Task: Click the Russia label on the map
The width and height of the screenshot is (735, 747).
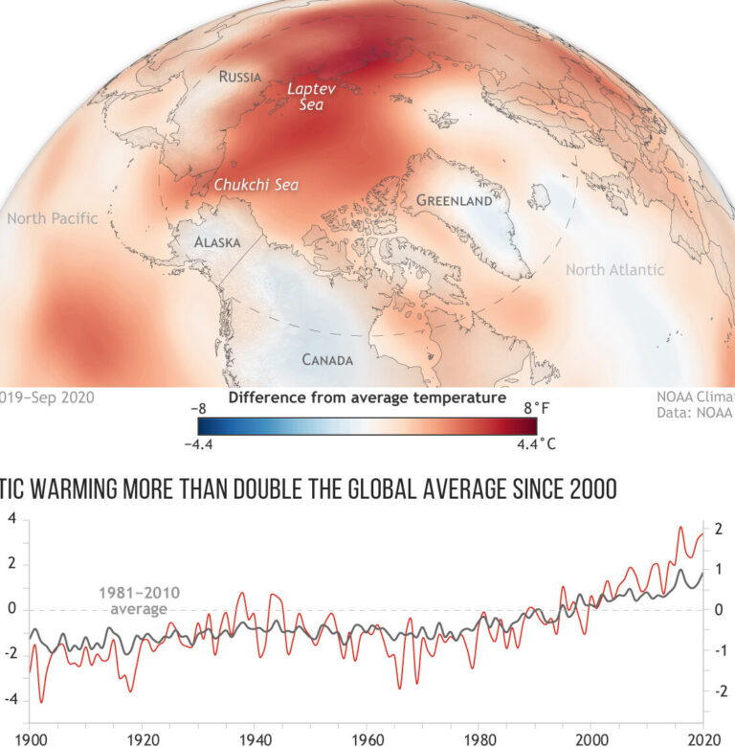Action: (240, 77)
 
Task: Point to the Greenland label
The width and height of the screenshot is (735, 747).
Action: (454, 201)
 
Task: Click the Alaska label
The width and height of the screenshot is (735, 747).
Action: (217, 242)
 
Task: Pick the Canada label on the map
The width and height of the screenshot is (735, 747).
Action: (327, 360)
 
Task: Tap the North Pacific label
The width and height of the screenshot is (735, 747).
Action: (53, 218)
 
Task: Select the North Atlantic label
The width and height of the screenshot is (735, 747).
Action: (613, 270)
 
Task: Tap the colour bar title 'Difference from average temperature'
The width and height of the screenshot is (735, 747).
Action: (367, 396)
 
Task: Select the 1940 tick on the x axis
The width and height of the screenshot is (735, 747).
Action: (254, 739)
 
